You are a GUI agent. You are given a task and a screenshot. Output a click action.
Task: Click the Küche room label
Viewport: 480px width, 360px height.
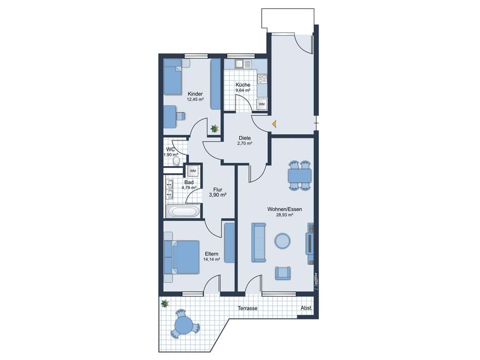click(243, 84)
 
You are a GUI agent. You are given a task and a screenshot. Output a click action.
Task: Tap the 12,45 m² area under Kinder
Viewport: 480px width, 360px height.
click(196, 99)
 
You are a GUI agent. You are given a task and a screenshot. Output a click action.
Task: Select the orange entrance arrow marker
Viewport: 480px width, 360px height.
click(274, 124)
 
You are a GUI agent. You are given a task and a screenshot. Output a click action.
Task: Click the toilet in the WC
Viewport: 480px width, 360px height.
click(176, 161)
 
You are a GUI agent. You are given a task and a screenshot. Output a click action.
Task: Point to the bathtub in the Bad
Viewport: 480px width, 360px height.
click(183, 212)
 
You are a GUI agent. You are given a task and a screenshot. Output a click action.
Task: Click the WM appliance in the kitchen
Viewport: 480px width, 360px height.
click(261, 104)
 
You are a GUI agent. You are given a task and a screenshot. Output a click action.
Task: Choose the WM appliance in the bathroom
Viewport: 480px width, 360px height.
click(193, 171)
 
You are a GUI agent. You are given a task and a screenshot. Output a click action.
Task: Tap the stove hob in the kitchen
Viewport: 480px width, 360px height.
click(262, 79)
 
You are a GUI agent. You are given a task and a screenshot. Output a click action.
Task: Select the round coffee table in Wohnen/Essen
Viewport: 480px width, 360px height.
click(282, 241)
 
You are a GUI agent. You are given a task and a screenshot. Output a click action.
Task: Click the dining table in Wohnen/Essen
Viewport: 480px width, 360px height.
click(300, 175)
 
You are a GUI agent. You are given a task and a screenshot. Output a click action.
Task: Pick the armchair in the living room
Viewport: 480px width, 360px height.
click(282, 274)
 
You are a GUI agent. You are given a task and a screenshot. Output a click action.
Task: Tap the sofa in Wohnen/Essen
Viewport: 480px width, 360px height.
click(258, 242)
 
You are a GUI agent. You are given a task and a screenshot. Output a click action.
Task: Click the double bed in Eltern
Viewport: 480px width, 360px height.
click(181, 257)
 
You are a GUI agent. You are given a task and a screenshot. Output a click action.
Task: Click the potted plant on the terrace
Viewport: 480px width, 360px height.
click(165, 303)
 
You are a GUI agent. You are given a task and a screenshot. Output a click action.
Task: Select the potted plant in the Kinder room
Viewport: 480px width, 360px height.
click(215, 129)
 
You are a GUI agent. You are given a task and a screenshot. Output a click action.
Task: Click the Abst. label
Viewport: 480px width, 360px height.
click(306, 308)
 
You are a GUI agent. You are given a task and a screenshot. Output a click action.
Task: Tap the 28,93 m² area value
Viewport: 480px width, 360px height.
click(284, 215)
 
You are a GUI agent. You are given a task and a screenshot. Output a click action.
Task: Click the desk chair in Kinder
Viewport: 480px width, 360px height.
click(180, 116)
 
